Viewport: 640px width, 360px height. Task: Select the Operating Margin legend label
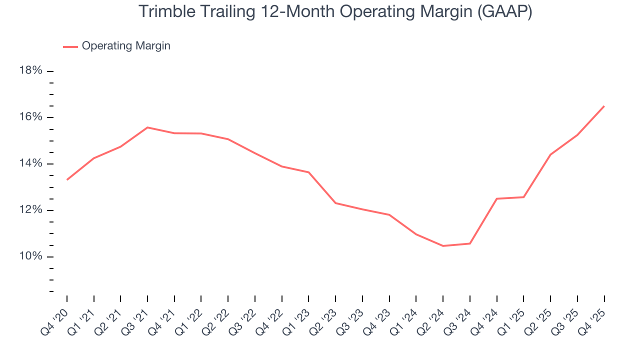(126, 46)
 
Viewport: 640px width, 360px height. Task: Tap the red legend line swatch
(70, 46)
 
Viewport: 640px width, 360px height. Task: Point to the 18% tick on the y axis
(50, 71)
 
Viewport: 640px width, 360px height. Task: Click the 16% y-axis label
(30, 117)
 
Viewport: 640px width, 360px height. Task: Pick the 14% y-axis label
(30, 163)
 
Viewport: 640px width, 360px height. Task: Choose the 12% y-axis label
(30, 210)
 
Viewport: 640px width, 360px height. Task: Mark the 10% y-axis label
(30, 256)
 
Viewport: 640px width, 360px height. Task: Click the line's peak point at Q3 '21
(147, 127)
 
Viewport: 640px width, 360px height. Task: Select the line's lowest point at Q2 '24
(443, 246)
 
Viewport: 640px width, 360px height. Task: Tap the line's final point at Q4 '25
(604, 106)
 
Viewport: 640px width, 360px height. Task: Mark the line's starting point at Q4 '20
(67, 179)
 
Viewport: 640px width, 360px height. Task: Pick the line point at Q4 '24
(496, 198)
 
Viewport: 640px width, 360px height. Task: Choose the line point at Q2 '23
(335, 203)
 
